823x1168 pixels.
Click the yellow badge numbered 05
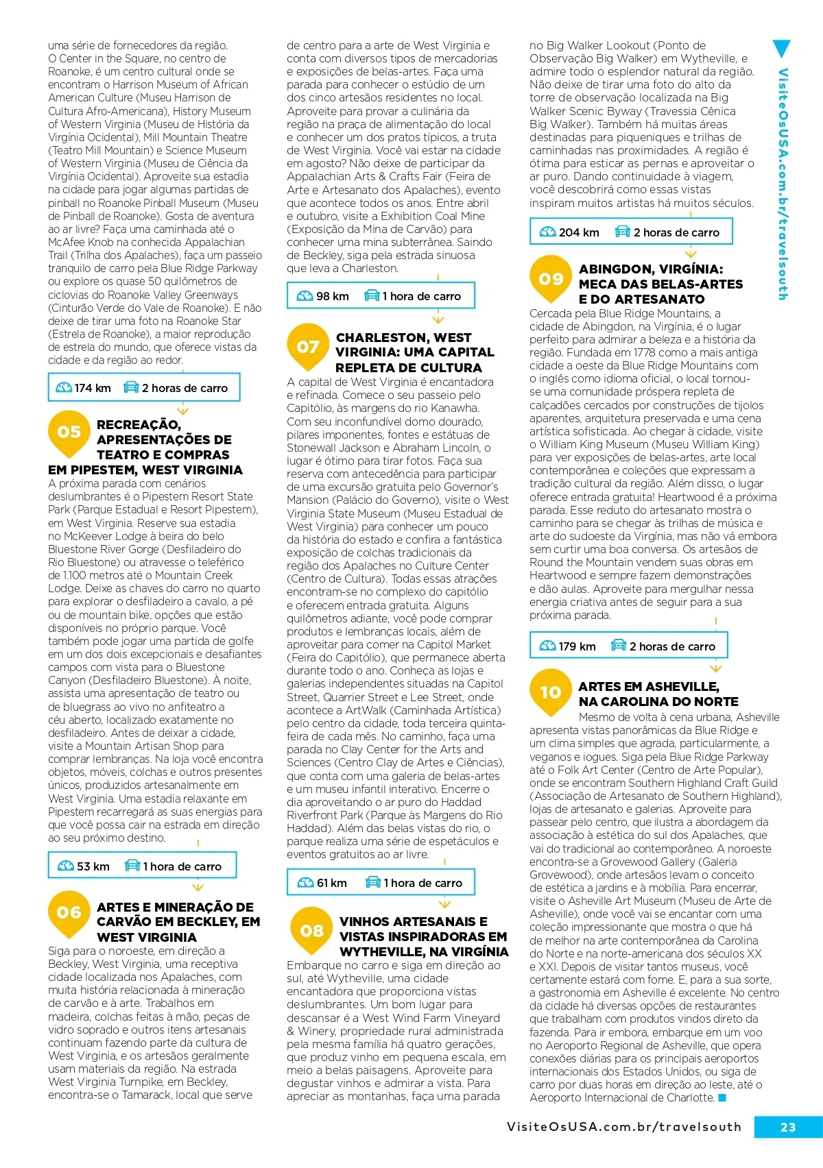click(x=69, y=433)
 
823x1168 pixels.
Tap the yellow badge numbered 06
click(x=69, y=913)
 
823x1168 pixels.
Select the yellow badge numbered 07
click(x=308, y=347)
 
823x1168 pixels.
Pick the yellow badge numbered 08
click(x=312, y=931)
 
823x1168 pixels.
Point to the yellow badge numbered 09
click(x=551, y=279)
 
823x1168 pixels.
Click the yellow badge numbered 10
click(x=551, y=692)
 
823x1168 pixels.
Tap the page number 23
click(x=788, y=1127)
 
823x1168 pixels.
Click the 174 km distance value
click(x=93, y=388)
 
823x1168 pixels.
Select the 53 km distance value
click(x=93, y=866)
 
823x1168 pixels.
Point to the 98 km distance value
click(x=333, y=296)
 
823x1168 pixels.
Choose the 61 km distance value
click(x=332, y=883)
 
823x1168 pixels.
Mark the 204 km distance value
click(x=579, y=232)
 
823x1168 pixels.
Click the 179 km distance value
click(x=577, y=646)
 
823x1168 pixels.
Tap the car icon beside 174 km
click(x=131, y=387)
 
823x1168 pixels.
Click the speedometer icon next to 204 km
click(x=548, y=232)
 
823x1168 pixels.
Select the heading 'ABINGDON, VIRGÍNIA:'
click(x=650, y=269)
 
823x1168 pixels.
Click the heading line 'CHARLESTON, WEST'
click(x=403, y=337)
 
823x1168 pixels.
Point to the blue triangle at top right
click(x=781, y=48)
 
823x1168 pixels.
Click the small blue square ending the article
click(x=721, y=1098)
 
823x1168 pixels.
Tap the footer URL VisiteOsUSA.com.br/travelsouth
click(x=624, y=1127)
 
